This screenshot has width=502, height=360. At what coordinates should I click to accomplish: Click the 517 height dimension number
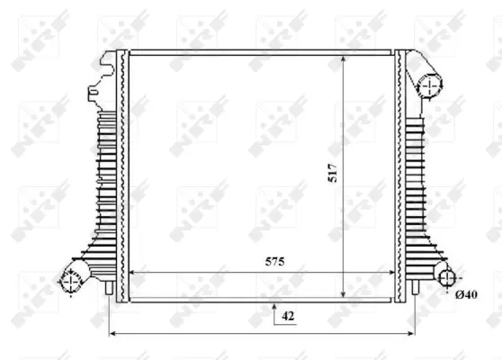coord(332,172)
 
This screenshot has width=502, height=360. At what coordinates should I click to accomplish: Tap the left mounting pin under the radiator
coord(110,289)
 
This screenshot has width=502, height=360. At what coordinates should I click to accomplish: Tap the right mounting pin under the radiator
coord(415,289)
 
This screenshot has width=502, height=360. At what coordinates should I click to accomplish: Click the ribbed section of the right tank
coord(417,180)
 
